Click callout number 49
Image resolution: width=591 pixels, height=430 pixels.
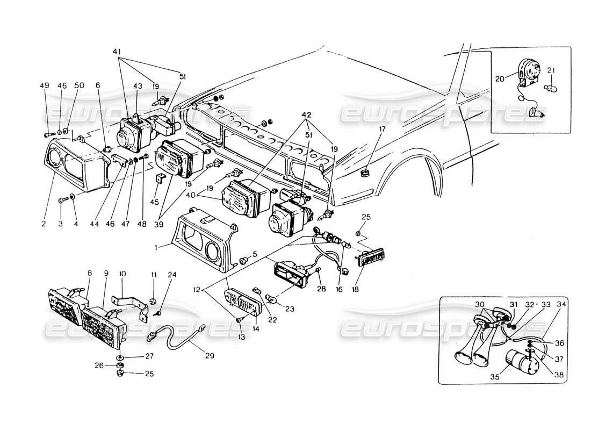coord(45,85)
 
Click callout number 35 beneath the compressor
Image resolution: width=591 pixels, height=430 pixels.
coord(495,378)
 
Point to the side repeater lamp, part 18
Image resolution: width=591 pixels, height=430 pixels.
coord(371,259)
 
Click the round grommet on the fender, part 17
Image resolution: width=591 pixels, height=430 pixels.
coord(366,173)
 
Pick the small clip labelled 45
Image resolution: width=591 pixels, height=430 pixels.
coord(160,178)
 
